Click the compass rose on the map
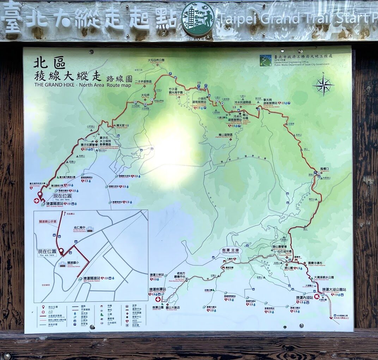[323, 85]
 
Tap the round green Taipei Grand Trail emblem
[197, 19]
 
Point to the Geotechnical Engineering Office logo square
[265, 60]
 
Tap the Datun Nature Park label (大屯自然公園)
[156, 60]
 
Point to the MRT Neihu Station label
[305, 298]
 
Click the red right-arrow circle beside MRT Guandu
[36, 200]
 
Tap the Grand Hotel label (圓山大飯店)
[173, 307]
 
